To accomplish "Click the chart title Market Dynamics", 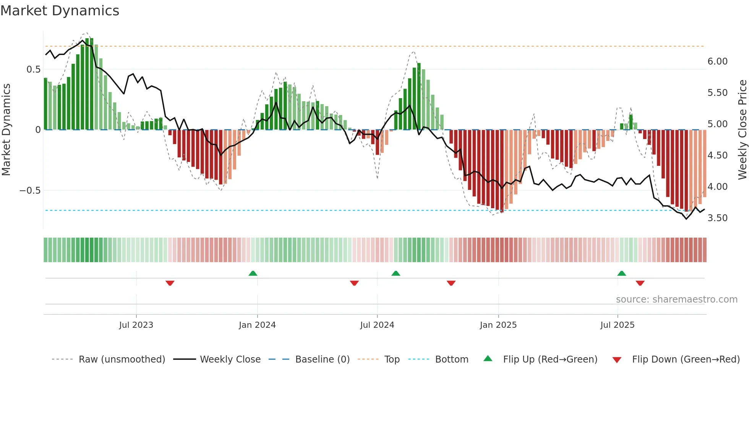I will [x=60, y=11].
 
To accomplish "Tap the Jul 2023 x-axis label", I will [x=136, y=325].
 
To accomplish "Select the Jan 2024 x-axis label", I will [x=257, y=325].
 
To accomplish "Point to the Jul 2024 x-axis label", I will [x=377, y=325].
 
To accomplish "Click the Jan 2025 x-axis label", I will [x=498, y=325].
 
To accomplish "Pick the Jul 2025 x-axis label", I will [x=618, y=325].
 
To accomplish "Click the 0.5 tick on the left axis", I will [x=33, y=70].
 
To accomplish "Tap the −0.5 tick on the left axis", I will [x=30, y=191].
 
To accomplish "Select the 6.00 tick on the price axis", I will [x=717, y=62].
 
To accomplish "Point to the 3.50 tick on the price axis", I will [x=717, y=218].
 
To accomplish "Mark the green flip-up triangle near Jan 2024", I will [x=253, y=274].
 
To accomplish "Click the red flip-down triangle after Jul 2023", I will [x=170, y=283].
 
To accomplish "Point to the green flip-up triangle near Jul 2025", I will [x=622, y=274].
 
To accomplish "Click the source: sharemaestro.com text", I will [x=676, y=300].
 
